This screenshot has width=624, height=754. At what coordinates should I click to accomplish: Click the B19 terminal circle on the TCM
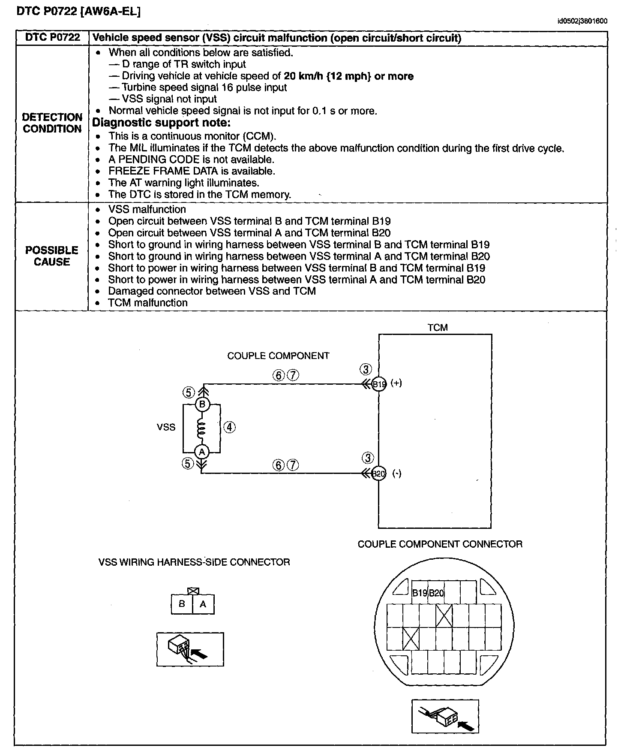pyautogui.click(x=379, y=384)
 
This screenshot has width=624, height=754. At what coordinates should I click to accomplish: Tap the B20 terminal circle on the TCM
pyautogui.click(x=379, y=474)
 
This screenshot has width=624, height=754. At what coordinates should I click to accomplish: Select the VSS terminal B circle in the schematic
pyautogui.click(x=202, y=404)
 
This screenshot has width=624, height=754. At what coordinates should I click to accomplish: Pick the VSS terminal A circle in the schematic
pyautogui.click(x=201, y=452)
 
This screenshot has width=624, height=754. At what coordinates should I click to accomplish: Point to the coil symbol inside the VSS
pyautogui.click(x=201, y=428)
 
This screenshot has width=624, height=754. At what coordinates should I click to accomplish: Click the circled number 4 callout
pyautogui.click(x=230, y=427)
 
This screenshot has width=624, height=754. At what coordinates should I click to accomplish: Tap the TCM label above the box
pyautogui.click(x=437, y=328)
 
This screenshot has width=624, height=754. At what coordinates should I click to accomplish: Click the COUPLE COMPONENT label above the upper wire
pyautogui.click(x=278, y=356)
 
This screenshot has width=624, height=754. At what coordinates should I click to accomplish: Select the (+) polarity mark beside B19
pyautogui.click(x=396, y=383)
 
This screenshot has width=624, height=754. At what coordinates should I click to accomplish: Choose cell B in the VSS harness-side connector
pyautogui.click(x=182, y=604)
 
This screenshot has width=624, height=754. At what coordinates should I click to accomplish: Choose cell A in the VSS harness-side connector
pyautogui.click(x=203, y=604)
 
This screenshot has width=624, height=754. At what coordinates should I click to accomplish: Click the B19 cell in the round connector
pyautogui.click(x=420, y=593)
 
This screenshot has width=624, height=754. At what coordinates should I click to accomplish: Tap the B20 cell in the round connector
pyautogui.click(x=436, y=593)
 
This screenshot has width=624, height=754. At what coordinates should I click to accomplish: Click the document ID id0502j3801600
pyautogui.click(x=582, y=21)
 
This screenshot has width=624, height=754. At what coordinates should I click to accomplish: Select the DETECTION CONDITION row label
pyautogui.click(x=52, y=123)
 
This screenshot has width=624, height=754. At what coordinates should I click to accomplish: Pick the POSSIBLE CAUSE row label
pyautogui.click(x=52, y=256)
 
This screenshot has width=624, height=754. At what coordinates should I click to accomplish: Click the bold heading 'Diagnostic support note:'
pyautogui.click(x=162, y=123)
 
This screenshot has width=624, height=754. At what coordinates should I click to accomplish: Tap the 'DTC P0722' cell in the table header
pyautogui.click(x=52, y=38)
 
